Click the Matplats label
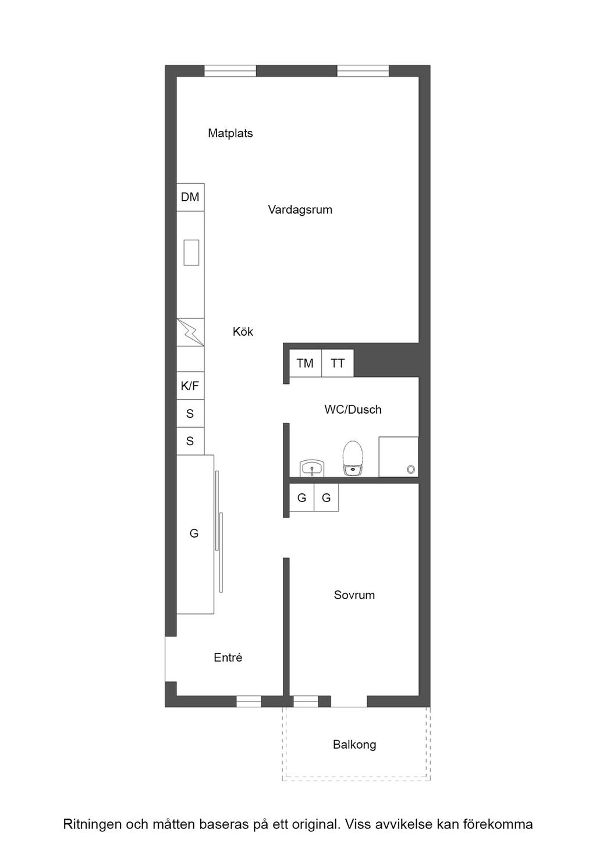(230, 133)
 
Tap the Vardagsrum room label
(300, 209)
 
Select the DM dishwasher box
(190, 197)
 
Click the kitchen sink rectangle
(191, 252)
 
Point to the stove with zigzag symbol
(190, 332)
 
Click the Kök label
(243, 332)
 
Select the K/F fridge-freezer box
(190, 386)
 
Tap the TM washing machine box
(306, 363)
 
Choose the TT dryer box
(338, 363)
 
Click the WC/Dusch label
(353, 410)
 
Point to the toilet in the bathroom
(353, 458)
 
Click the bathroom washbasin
(312, 468)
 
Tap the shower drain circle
(411, 469)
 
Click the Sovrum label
(354, 595)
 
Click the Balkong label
(354, 745)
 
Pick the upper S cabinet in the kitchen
(190, 414)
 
